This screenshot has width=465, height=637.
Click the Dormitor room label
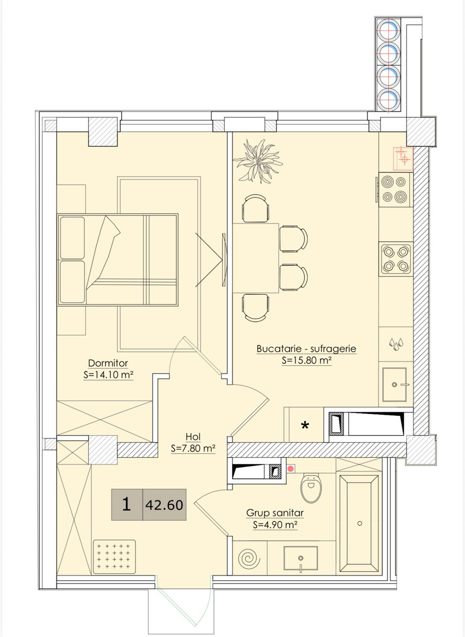coord(108,363)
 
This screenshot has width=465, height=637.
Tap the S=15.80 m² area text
coord(307,360)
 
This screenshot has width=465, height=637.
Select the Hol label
coord(193,436)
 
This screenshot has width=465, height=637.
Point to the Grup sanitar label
coord(275,513)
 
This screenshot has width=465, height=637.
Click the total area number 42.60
coord(164,505)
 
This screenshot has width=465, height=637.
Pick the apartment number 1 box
coord(127,505)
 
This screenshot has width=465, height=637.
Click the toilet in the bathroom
coord(311,488)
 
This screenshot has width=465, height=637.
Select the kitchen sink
coord(394,384)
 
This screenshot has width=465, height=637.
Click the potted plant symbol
coord(258,161)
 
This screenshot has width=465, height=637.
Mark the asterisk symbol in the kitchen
coord(305,426)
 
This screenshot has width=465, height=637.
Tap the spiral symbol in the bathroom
coord(249,558)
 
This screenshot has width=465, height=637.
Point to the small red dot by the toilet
coord(290,469)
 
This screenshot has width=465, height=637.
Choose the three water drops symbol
coord(396,344)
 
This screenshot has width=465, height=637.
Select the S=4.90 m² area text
coord(275,525)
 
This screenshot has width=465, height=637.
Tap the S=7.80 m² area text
coord(193,449)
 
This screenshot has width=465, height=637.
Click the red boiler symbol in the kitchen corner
coord(402,158)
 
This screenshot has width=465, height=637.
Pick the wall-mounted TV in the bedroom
coord(224,260)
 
